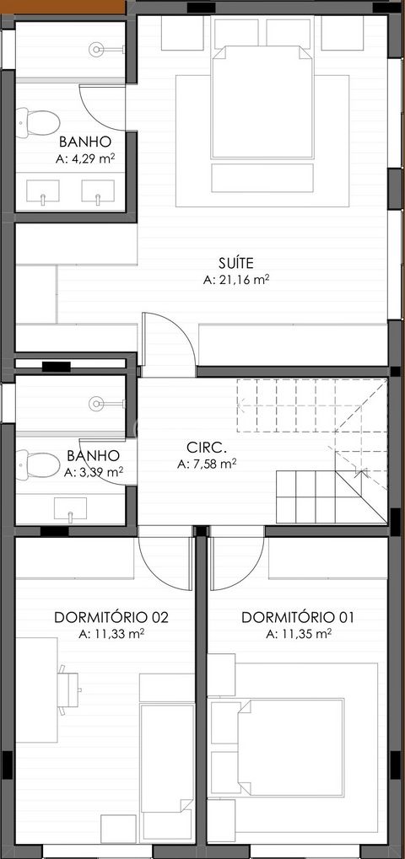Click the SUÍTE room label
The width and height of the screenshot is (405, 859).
(235, 261)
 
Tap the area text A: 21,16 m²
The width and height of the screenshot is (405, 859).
(235, 280)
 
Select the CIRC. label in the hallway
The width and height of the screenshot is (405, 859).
(207, 447)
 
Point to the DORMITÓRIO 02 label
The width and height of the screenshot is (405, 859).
(111, 617)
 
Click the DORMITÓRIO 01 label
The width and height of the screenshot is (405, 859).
(298, 617)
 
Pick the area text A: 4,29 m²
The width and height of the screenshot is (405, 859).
(84, 158)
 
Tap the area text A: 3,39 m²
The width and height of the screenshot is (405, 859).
(94, 472)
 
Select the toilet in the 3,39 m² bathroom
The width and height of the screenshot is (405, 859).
(34, 463)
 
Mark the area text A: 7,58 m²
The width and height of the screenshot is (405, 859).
(207, 464)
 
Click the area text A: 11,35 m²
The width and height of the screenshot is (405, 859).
(298, 634)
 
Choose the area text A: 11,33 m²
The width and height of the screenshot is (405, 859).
(111, 634)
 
